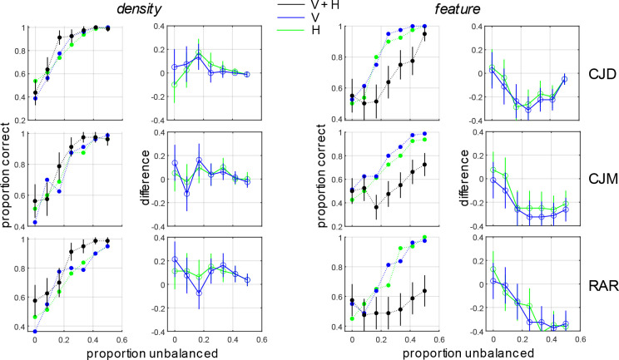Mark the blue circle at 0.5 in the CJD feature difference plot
click(565, 79)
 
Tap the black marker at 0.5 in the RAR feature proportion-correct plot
click(424, 291)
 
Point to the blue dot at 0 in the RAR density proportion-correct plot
click(35, 332)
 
